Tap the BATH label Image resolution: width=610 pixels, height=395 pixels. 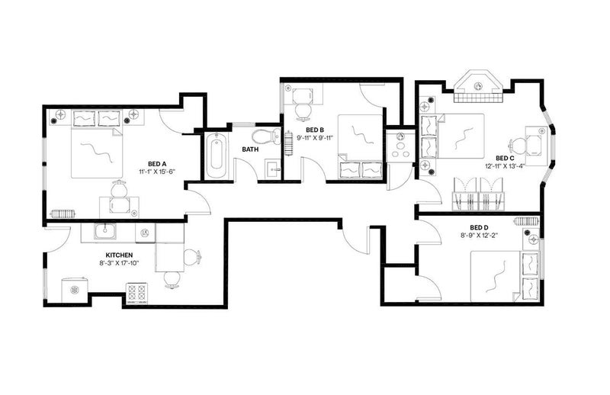(x=250, y=149)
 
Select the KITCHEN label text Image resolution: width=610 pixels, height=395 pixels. (x=119, y=255)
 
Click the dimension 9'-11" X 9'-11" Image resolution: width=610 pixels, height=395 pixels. (x=315, y=137)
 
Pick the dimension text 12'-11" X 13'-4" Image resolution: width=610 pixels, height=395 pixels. (x=505, y=165)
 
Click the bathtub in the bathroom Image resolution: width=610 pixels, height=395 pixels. (x=216, y=156)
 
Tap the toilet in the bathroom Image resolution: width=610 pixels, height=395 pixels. (x=265, y=136)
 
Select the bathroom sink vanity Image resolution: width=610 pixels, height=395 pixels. (x=273, y=169)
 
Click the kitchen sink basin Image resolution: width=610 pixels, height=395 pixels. (x=104, y=232)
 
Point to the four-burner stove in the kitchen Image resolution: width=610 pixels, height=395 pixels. (x=138, y=293)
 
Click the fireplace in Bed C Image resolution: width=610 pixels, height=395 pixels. (x=478, y=86)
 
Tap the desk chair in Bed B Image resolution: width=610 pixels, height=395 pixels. (x=303, y=111)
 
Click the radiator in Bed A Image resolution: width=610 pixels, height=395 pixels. (x=63, y=214)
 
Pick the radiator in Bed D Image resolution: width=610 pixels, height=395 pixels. (x=527, y=221)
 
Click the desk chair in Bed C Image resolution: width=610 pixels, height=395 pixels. (x=517, y=145)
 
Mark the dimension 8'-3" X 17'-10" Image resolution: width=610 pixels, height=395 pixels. (x=119, y=263)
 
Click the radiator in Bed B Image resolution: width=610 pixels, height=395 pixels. (x=288, y=143)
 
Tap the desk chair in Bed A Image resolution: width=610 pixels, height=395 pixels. (x=118, y=189)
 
